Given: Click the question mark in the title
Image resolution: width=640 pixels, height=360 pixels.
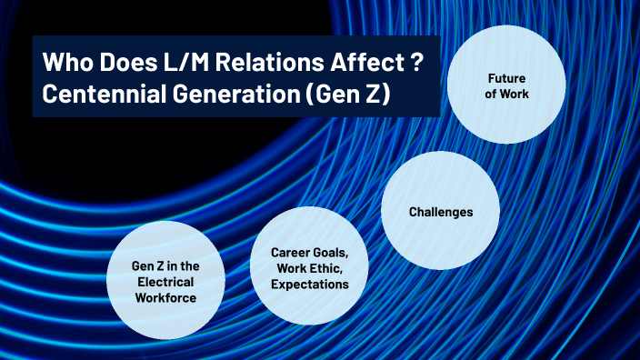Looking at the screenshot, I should (x=415, y=65).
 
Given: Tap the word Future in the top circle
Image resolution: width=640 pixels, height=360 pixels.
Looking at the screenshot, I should (x=507, y=78).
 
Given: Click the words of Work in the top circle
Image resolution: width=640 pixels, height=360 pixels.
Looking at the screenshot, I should (x=507, y=93).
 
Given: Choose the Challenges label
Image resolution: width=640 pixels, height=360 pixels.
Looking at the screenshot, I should (x=440, y=212).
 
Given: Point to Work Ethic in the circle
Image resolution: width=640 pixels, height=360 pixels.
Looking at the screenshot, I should (x=309, y=268).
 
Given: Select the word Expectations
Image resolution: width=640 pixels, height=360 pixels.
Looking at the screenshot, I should (x=309, y=285).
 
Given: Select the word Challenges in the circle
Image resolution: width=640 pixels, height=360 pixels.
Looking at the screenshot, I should (x=440, y=212).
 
